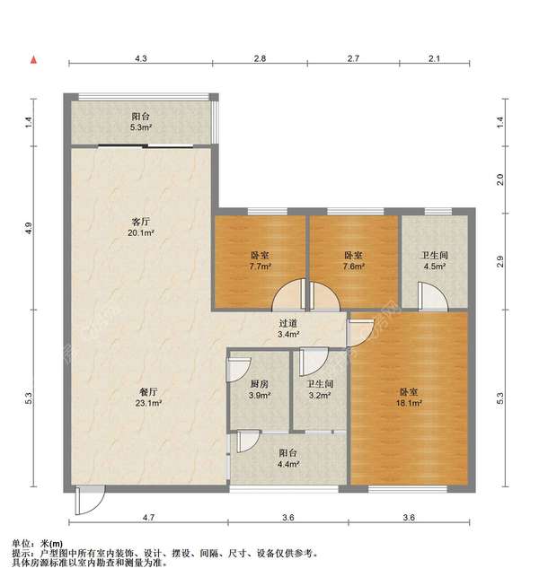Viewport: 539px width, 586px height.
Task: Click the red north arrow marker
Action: pos(34,60)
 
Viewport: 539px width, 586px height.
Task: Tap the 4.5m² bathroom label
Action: pos(434,267)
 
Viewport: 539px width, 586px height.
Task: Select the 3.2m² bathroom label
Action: pos(320,396)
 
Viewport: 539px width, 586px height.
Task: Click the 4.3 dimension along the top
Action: pos(141,58)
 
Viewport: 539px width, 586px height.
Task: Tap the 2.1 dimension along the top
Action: pos(434,58)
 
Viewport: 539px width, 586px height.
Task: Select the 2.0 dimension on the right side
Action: pos(500,179)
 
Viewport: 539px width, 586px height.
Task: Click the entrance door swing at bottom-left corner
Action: pos(88,503)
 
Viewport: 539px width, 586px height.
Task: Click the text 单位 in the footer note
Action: pos(21,544)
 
